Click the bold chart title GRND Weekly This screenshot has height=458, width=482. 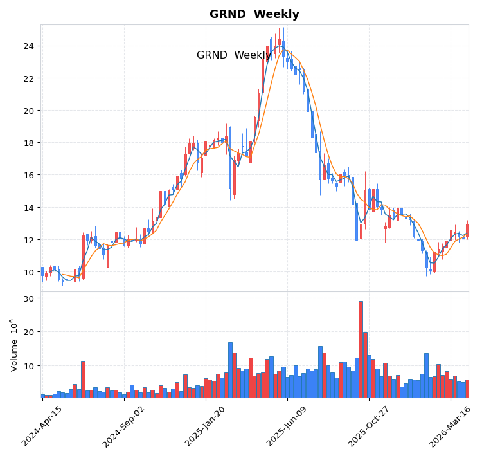click(x=254, y=14)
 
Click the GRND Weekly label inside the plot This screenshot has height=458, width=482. click(x=234, y=55)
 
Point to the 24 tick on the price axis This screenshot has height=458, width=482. click(x=28, y=46)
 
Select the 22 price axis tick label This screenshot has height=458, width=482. click(x=28, y=78)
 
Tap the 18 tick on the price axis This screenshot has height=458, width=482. click(x=28, y=143)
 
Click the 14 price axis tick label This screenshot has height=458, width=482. click(x=28, y=208)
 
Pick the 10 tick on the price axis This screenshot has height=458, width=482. click(x=28, y=272)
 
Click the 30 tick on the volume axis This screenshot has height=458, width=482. click(x=28, y=298)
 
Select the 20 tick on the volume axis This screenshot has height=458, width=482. click(x=28, y=332)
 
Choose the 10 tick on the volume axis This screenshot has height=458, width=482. click(x=28, y=366)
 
